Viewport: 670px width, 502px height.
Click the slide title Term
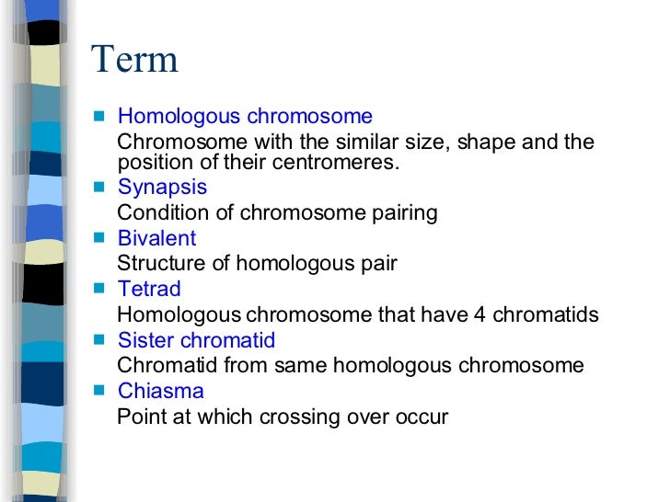134,62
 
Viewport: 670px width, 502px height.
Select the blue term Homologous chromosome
245,117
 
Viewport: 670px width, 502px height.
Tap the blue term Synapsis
162,188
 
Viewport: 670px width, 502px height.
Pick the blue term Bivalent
156,238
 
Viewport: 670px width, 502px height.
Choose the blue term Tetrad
149,290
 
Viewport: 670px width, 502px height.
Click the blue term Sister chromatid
196,341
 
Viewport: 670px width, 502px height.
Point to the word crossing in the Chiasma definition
299,417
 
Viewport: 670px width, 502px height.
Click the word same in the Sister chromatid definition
302,366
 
